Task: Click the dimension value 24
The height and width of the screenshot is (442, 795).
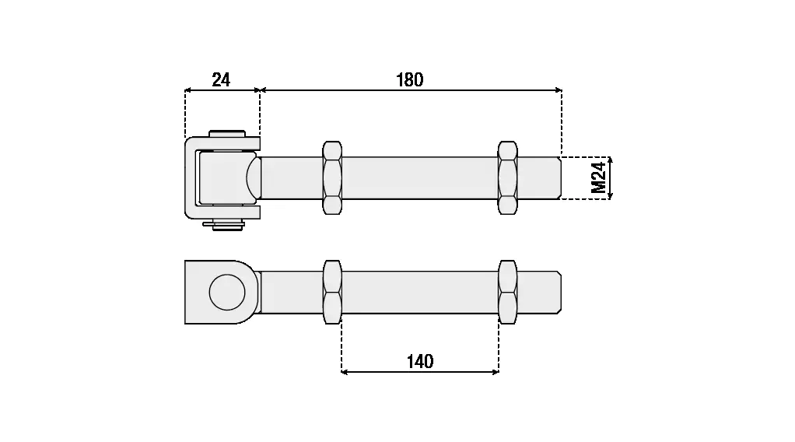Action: click(x=221, y=79)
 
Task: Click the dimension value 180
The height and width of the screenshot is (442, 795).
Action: click(x=410, y=79)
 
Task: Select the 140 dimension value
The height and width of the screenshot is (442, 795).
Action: click(x=420, y=361)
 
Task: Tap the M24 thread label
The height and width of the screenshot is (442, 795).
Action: click(x=599, y=178)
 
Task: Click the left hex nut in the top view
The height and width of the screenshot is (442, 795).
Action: click(x=332, y=178)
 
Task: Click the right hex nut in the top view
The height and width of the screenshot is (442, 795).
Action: click(x=507, y=178)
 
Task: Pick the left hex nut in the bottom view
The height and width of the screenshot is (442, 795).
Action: click(x=332, y=293)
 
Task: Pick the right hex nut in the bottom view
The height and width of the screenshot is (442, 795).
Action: click(x=507, y=293)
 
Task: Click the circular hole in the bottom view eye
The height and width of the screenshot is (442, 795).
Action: click(x=227, y=293)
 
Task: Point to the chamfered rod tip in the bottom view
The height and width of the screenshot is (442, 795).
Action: click(x=559, y=293)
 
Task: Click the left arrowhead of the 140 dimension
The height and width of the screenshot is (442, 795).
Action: click(x=345, y=372)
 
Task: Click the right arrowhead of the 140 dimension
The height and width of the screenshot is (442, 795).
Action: click(x=496, y=372)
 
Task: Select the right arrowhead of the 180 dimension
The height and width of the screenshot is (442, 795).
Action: click(x=559, y=90)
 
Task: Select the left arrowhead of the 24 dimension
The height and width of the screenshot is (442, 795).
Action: click(x=188, y=90)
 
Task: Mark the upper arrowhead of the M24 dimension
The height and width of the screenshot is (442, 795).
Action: click(x=610, y=160)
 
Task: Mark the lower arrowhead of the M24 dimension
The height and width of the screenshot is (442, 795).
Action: click(x=610, y=196)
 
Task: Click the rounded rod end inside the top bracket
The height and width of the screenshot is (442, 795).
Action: click(x=254, y=178)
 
